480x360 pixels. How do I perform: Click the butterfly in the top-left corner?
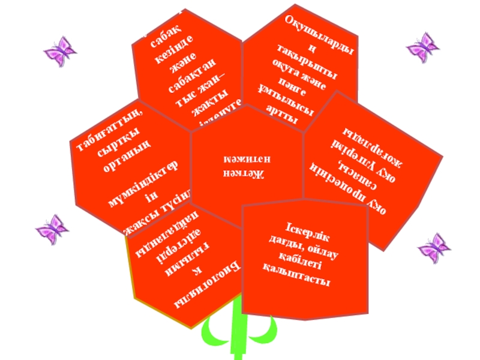click(x=60, y=50)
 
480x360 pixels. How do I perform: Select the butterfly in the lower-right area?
click(x=433, y=247)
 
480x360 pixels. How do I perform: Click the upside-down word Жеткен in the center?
click(x=246, y=175)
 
